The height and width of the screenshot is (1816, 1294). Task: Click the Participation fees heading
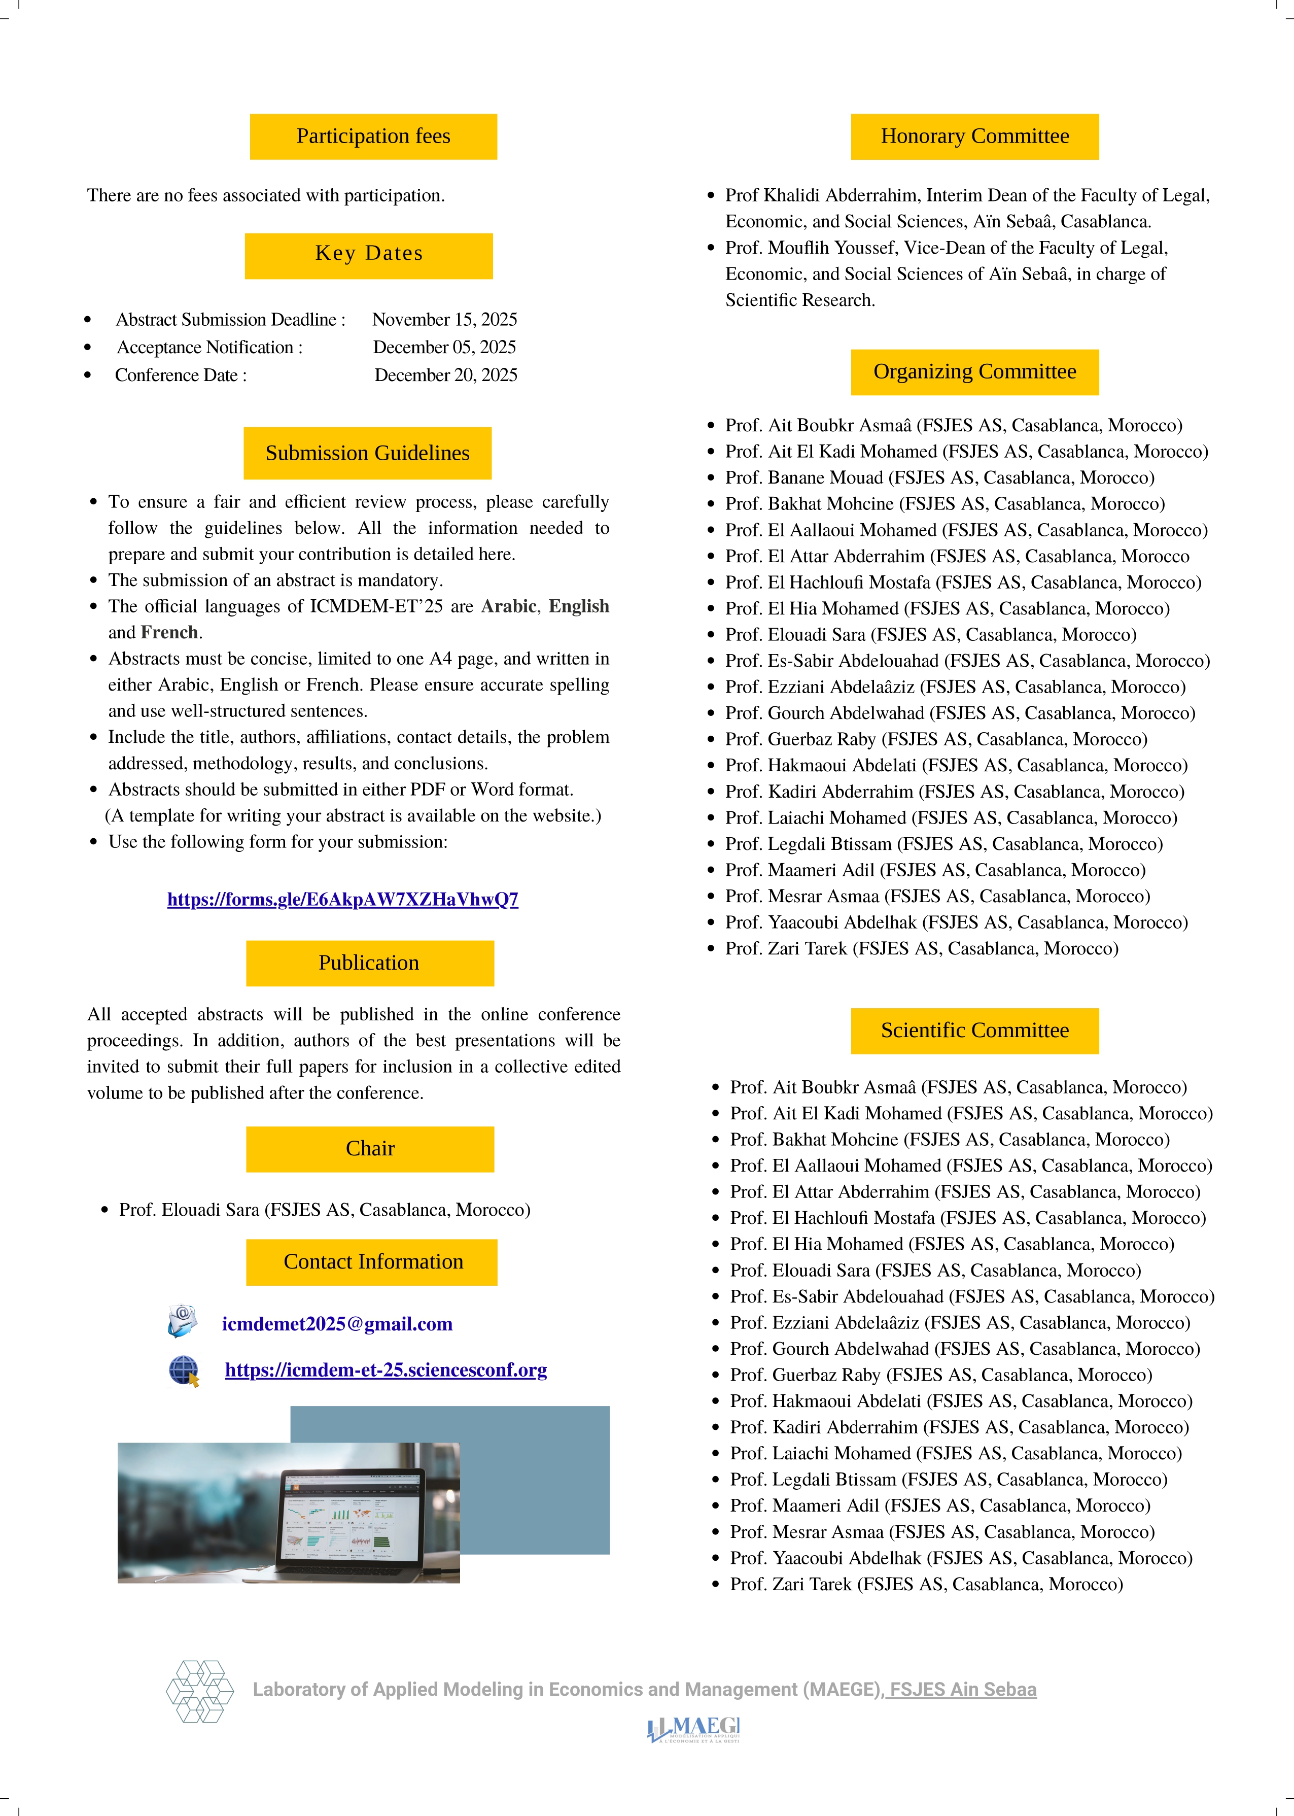click(373, 136)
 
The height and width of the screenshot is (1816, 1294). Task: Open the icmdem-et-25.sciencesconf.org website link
click(386, 1370)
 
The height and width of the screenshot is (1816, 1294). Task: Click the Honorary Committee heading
click(974, 136)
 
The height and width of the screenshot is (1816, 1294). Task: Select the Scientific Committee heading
click(974, 1031)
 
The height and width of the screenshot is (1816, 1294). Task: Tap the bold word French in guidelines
click(169, 633)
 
